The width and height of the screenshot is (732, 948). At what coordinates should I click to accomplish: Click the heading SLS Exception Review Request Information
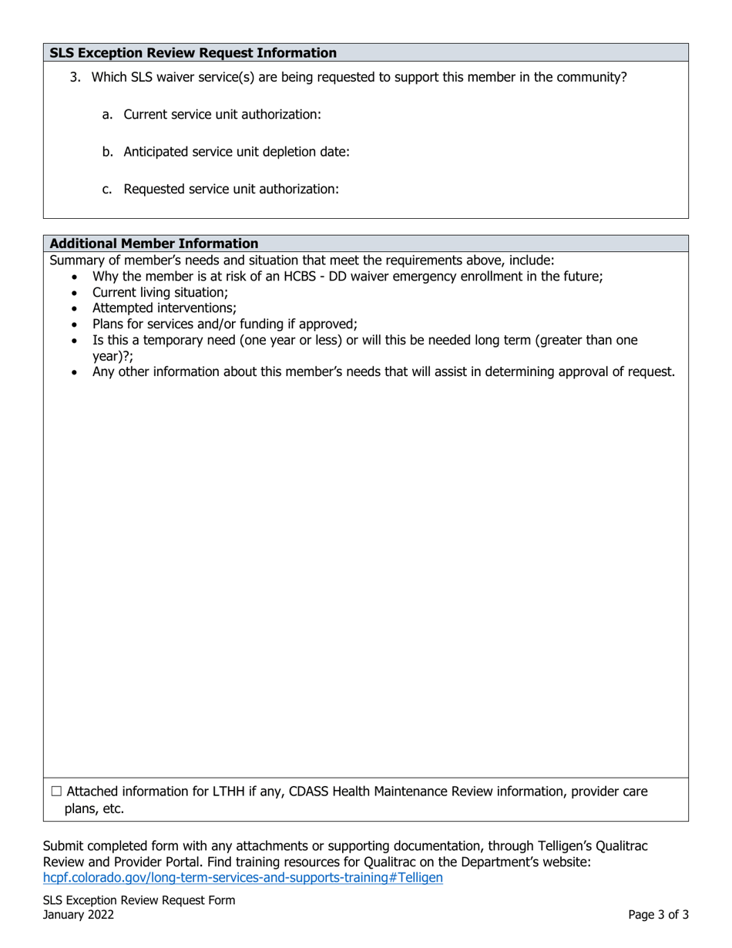click(193, 53)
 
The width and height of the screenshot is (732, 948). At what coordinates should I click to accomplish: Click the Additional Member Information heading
click(154, 244)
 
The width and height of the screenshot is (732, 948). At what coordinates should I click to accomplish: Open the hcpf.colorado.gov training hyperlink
click(243, 877)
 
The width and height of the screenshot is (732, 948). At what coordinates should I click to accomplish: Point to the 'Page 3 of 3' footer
click(658, 915)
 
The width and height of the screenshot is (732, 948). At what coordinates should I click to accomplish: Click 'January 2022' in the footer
click(79, 915)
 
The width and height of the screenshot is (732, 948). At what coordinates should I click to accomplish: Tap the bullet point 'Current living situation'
click(160, 292)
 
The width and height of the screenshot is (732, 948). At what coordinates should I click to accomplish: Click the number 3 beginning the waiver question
click(74, 77)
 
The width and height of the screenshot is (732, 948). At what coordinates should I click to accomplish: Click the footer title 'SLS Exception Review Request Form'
click(139, 899)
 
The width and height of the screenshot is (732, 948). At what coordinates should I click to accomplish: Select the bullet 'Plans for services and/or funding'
click(225, 324)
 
